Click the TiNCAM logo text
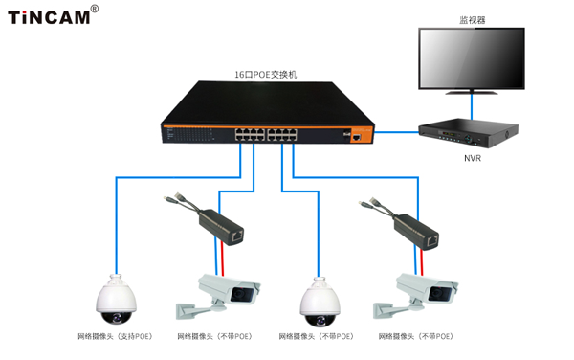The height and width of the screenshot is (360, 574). [x=49, y=17]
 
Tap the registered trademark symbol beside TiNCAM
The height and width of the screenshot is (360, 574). [x=95, y=9]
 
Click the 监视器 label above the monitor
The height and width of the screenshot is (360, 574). [x=473, y=20]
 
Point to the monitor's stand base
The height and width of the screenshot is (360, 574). [x=472, y=92]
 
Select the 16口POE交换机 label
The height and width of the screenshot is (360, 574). [x=265, y=75]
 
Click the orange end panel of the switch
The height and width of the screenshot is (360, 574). [x=362, y=135]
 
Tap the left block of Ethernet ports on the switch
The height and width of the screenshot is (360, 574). [x=250, y=134]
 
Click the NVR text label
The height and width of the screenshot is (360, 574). [x=473, y=158]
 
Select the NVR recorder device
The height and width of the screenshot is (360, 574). [x=468, y=133]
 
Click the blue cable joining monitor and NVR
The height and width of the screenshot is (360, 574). [x=472, y=106]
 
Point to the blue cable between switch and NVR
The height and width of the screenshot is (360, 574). [x=396, y=132]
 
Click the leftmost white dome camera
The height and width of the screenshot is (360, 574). [x=117, y=300]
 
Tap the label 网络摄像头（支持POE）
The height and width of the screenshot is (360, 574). [x=115, y=336]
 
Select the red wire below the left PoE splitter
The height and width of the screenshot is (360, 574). [x=223, y=258]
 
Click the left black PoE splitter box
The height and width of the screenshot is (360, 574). [x=221, y=227]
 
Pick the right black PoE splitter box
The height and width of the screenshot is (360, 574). [x=416, y=232]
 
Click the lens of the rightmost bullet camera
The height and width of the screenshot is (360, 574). [x=439, y=294]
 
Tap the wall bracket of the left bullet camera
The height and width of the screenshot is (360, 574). [x=192, y=310]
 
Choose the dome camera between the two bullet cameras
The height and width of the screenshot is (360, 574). [x=320, y=303]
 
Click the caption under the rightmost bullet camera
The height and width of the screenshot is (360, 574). [x=415, y=336]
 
